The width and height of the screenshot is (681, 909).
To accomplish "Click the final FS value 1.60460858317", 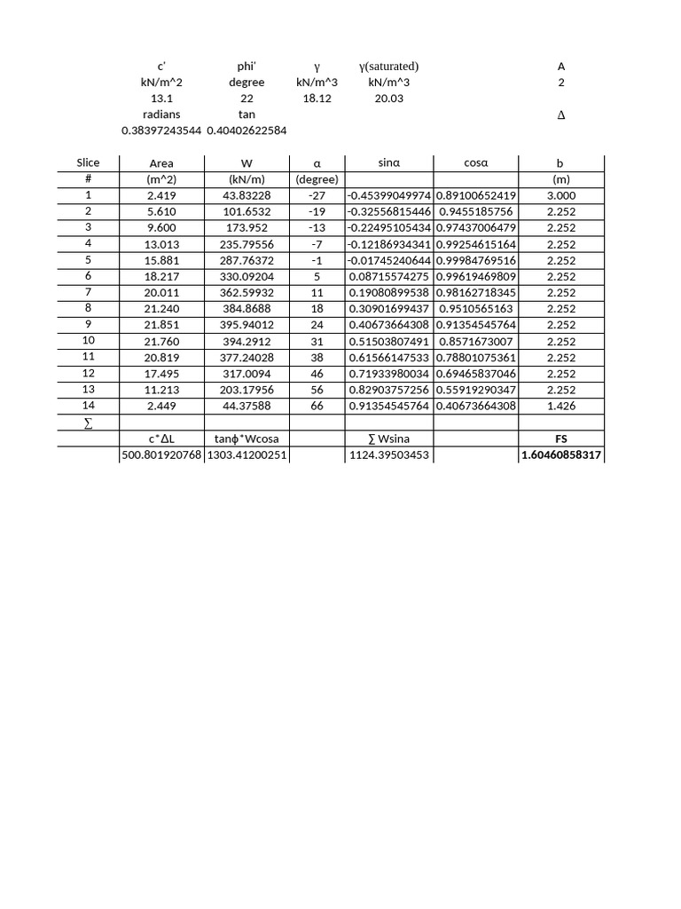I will coord(562,454).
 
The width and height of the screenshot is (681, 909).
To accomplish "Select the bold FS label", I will coord(560,439).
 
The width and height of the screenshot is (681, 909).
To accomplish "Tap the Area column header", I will coord(161,163).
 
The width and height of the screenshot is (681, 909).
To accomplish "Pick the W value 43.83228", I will coord(247,195).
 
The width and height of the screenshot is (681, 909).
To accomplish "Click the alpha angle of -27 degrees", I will coord(317,195).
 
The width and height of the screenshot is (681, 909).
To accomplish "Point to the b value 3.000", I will coord(561,195).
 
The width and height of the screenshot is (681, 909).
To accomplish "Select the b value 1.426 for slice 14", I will coord(561,406).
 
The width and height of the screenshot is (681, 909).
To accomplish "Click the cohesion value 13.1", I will coord(161,99).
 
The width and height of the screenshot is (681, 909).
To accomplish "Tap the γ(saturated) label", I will coord(388,67).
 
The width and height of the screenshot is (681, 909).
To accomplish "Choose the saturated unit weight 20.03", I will coord(388,99).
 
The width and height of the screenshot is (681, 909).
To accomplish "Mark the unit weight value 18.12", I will coord(317,99).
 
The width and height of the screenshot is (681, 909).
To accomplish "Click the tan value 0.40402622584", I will coord(247,130).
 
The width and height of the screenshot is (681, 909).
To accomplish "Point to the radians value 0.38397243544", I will coord(161,130).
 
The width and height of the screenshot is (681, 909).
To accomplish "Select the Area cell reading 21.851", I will coord(161,325).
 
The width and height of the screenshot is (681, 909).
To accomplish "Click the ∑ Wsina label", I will coord(388,439).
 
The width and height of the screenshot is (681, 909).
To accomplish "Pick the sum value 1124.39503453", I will coord(388,454).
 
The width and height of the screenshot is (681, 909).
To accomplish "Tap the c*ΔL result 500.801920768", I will coord(161,454).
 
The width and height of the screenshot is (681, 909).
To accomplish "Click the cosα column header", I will coord(475,163).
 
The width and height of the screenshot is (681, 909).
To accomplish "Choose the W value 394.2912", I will coord(247,341).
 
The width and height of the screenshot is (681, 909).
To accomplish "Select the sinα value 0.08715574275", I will coord(388,276).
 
